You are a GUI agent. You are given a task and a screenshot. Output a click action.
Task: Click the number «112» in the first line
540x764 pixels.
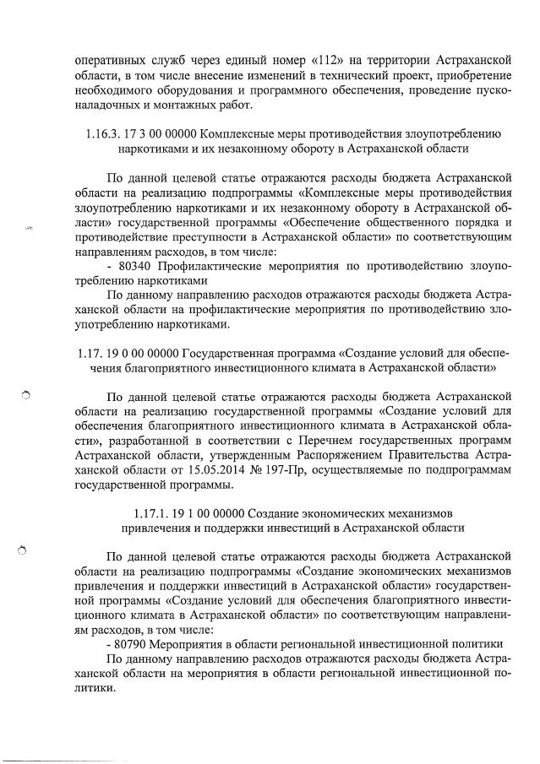click(333, 62)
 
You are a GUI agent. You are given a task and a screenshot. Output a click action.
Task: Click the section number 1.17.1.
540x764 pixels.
click(153, 513)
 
